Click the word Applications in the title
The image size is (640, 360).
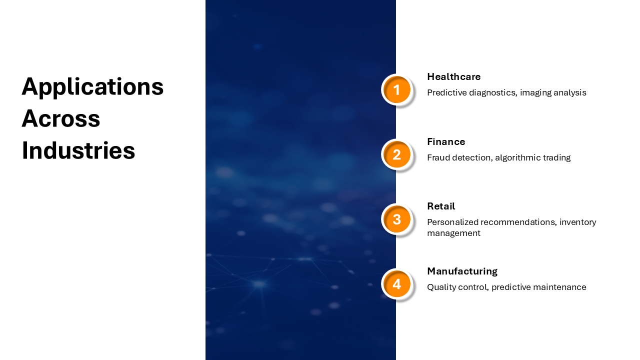coord(92,87)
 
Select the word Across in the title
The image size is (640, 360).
coord(61,118)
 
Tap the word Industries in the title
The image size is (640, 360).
coord(78,150)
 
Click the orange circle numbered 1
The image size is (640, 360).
coord(396,89)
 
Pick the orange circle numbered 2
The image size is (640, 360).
coord(396,154)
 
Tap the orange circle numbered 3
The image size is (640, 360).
coord(396,219)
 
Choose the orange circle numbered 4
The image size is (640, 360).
coord(396,284)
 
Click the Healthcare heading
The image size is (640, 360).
coord(453,76)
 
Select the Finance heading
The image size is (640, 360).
coord(446,141)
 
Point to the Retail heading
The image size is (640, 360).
coord(441,206)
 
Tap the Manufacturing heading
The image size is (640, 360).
coord(462,271)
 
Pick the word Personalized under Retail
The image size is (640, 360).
coord(452,222)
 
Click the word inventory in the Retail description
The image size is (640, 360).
coord(577,222)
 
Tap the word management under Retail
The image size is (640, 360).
coord(453,233)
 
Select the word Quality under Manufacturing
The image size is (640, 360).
coord(441,287)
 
